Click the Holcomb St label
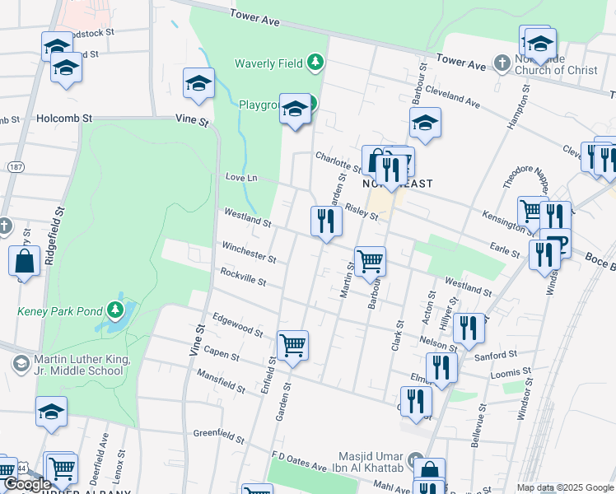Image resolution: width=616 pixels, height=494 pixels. [63, 119]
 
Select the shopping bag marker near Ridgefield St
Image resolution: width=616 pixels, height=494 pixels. [25, 262]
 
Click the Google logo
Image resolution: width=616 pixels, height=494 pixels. [27, 484]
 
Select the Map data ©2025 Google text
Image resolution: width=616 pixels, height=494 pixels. [564, 487]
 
